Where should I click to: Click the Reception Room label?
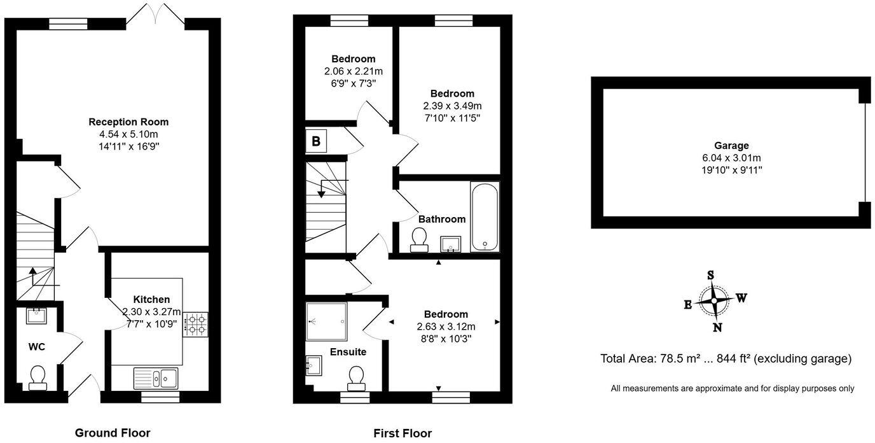[x=128, y=122]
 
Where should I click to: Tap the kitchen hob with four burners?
[x=195, y=324]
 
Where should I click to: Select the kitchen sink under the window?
[x=156, y=378]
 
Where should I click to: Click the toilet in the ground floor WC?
[x=38, y=378]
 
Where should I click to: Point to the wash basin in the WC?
[x=36, y=316]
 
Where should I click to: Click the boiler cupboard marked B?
[x=316, y=141]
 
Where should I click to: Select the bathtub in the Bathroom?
[x=485, y=217]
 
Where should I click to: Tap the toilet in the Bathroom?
[x=419, y=240]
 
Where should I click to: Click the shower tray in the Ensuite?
[x=326, y=321]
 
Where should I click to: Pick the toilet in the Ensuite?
[x=357, y=379]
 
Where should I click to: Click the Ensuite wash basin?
[x=313, y=365]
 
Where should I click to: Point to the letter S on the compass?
[x=710, y=275]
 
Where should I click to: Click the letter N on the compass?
[x=717, y=328]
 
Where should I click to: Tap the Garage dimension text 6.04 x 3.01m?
[x=732, y=158]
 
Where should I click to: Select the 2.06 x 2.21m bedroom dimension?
[x=354, y=71]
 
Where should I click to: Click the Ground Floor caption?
[x=113, y=433]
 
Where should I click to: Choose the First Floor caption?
[x=403, y=433]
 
